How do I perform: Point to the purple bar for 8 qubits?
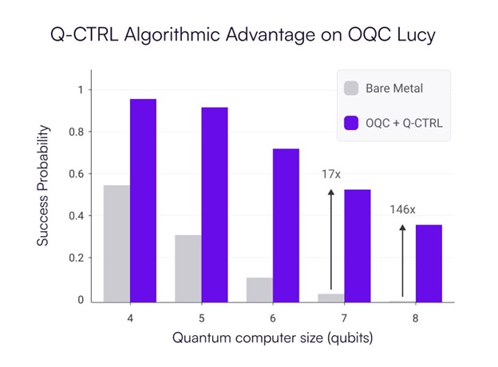coord(427,263)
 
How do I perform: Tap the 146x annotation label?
coord(401,211)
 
